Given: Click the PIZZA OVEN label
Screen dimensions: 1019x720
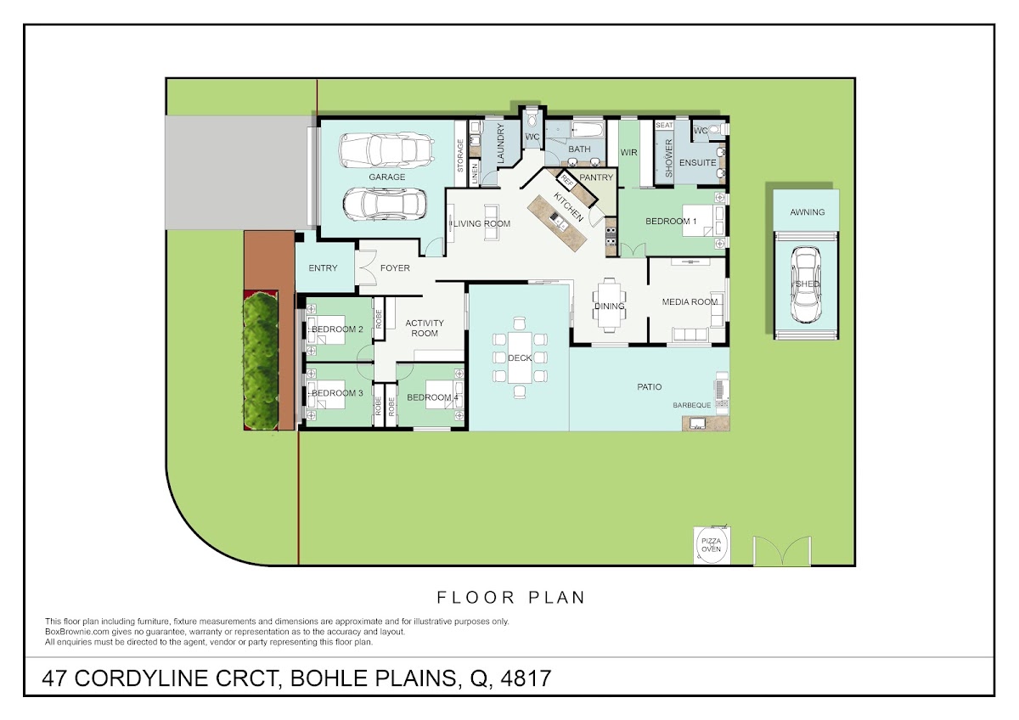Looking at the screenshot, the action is [711, 545].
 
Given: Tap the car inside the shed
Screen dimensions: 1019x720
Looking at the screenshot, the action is [806, 284].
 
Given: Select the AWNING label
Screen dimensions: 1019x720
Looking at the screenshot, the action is [807, 212].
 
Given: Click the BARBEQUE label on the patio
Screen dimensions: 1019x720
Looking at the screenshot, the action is [691, 405].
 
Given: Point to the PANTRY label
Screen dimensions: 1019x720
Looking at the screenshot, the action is [596, 177].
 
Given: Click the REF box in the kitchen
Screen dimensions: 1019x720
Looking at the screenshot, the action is [567, 181].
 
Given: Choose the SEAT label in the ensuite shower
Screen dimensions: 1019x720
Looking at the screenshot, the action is [664, 125].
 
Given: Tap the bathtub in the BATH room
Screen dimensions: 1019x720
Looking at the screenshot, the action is [588, 130].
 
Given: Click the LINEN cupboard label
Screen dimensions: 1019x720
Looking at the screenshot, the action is [475, 173].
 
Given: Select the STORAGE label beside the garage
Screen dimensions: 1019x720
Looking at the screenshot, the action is [460, 155].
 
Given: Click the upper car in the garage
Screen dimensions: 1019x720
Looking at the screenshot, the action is [386, 150].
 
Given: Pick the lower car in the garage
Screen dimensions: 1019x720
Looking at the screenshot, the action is [385, 205].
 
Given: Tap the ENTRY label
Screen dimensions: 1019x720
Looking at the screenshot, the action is [323, 268].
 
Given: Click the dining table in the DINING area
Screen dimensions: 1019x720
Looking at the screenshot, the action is [609, 305].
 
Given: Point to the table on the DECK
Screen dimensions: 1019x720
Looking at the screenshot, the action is [520, 358].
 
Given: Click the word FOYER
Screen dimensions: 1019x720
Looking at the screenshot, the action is [395, 268].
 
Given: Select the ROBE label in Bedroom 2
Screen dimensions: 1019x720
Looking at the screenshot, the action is [379, 319].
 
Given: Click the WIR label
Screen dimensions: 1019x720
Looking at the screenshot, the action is [628, 152].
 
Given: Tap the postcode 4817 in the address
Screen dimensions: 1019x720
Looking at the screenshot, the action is [526, 678].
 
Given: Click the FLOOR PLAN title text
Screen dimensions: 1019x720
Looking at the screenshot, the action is [510, 597].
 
